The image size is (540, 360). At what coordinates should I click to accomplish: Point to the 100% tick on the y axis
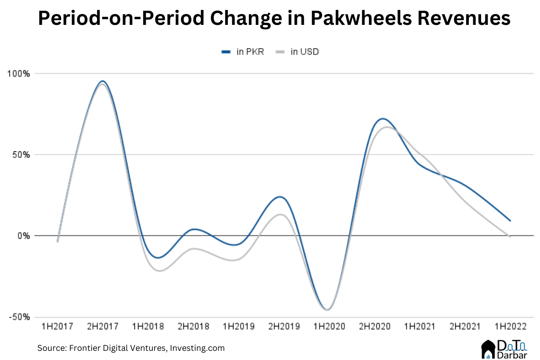pos(19,74)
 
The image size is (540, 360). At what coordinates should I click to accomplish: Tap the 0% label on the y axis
pos(23,236)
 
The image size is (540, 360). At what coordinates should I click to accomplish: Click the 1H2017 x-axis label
pos(57,326)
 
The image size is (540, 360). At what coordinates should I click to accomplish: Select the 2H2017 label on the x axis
pos(103,326)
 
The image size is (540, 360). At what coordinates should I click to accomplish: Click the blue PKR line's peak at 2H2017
pos(103,81)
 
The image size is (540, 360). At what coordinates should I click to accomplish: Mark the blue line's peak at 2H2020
pos(382,119)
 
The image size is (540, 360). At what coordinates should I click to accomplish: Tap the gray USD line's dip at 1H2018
pos(158,271)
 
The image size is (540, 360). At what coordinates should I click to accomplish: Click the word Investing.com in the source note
pos(198,348)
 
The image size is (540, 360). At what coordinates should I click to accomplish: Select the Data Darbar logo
pos(505,350)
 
